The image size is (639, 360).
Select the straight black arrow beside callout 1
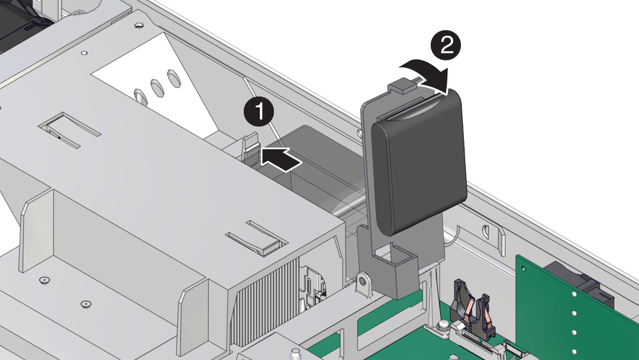280,159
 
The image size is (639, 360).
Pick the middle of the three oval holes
157,86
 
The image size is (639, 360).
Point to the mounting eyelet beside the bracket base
363,283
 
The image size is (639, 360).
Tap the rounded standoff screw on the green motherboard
442,326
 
